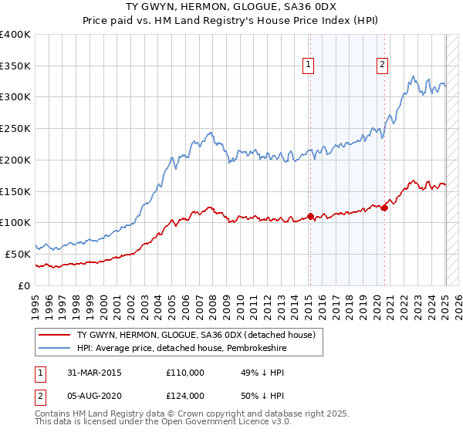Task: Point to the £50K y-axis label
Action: click(18, 253)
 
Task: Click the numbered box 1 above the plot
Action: click(309, 66)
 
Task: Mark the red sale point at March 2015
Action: click(310, 216)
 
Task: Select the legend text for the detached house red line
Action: click(196, 336)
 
